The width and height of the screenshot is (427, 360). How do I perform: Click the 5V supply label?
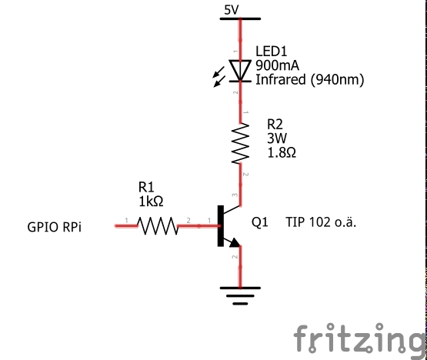point(232,10)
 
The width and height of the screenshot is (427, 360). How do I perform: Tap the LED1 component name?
point(272,52)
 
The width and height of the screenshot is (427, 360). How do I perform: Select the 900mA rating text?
point(277,65)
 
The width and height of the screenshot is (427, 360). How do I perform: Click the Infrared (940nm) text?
point(309,80)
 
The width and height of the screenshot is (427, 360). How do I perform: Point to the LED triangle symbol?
point(240,71)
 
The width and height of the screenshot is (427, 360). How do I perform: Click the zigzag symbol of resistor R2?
point(240,143)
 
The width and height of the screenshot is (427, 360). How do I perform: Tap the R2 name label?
point(275,125)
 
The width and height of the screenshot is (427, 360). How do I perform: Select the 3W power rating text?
point(277,138)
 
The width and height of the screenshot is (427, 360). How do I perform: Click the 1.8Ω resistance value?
point(282,153)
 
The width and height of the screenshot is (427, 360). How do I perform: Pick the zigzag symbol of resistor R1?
point(158,225)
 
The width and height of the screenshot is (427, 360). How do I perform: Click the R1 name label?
point(146,187)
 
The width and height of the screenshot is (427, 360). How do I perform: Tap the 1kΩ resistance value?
point(151,202)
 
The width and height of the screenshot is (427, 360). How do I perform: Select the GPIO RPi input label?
point(54,227)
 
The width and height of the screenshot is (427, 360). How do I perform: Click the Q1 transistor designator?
point(260,222)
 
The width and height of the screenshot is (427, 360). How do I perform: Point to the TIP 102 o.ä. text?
point(321,222)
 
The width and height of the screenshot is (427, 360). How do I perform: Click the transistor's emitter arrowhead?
point(235,243)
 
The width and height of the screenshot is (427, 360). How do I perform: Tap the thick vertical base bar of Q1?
point(220,226)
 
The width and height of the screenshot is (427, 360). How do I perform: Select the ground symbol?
point(240,295)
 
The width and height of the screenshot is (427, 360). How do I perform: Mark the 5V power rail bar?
point(240,18)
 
